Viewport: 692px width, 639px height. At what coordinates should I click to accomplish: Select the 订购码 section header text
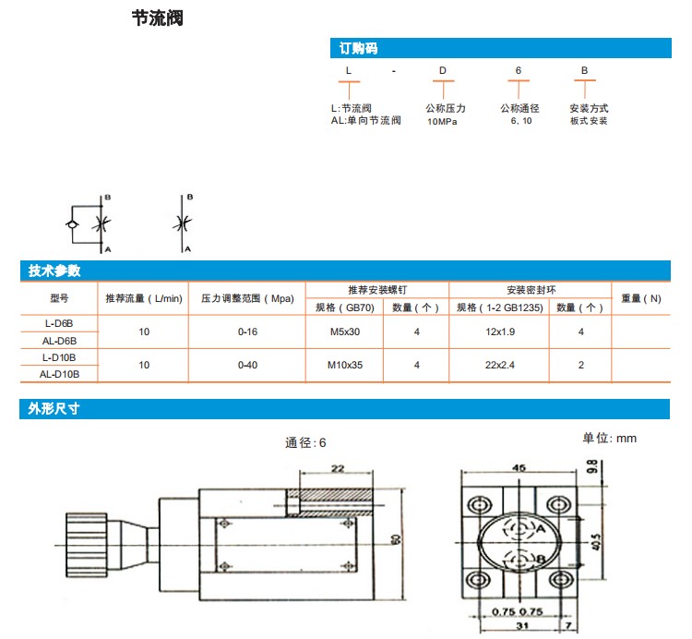tap(358, 48)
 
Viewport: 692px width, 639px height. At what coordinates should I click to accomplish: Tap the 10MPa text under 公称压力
tap(442, 121)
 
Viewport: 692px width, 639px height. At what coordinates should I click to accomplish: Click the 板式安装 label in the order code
tap(589, 121)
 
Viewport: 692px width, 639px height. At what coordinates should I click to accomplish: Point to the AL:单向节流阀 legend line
tap(366, 120)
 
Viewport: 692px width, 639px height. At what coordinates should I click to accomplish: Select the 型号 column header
tap(60, 298)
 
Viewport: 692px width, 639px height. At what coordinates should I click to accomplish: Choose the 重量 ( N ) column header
tap(641, 298)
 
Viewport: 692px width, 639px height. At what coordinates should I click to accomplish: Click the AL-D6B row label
tap(60, 340)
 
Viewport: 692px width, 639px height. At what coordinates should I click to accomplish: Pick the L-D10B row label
tap(60, 356)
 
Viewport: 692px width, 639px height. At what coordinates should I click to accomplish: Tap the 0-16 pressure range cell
tap(247, 331)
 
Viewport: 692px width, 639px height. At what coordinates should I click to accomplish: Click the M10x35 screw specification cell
tap(345, 365)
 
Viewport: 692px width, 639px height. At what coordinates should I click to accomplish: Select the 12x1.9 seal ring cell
tap(498, 331)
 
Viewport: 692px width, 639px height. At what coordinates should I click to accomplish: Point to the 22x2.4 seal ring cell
tap(498, 365)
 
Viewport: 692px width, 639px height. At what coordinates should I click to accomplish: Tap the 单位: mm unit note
tap(610, 438)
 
